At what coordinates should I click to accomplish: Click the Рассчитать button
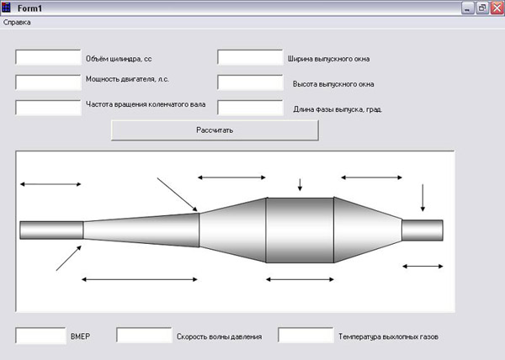[215, 130]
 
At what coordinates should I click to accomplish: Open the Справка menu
[17, 23]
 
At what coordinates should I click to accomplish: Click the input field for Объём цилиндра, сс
[48, 57]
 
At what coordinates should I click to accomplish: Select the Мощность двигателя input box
[48, 82]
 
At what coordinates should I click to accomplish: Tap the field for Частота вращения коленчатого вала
[48, 108]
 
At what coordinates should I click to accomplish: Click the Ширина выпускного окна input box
[250, 57]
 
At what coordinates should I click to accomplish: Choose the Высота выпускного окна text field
[250, 82]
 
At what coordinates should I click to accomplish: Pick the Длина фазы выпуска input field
[250, 108]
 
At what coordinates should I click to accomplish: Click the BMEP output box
[40, 336]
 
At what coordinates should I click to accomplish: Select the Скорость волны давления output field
[144, 336]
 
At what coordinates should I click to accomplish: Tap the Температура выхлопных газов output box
[306, 336]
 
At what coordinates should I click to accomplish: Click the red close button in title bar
[497, 8]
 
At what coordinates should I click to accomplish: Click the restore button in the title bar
[482, 8]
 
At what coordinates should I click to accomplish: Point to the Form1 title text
[29, 8]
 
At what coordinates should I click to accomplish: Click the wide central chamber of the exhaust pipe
[300, 230]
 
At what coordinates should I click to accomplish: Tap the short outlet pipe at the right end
[423, 230]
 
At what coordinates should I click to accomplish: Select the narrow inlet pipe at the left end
[51, 230]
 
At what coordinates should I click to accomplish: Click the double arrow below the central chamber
[300, 279]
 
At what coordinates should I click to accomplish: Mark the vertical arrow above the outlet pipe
[423, 198]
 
